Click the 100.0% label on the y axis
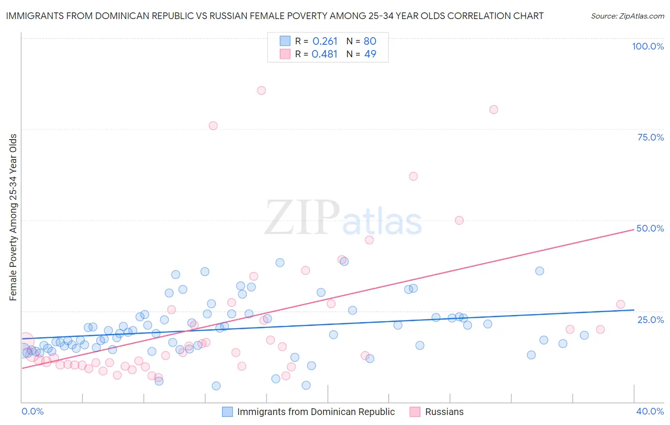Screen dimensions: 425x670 point(648,46)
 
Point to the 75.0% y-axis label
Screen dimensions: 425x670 point(650,137)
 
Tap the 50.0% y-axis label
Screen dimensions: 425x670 point(650,228)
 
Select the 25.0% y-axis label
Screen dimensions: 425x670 point(650,319)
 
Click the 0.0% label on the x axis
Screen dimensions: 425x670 point(32,411)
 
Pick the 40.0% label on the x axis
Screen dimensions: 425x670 point(650,411)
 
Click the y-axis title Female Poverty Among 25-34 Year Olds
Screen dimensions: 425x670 point(13,217)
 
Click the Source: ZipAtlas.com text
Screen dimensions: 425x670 point(627,16)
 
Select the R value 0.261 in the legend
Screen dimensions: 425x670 point(325,41)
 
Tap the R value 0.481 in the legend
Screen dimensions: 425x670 point(325,54)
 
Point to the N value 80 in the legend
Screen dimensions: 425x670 point(370,41)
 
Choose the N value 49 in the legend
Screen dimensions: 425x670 point(370,54)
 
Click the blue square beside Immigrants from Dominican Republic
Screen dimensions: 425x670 point(227,412)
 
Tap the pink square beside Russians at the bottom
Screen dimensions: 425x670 point(415,412)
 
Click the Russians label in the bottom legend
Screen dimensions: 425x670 point(444,412)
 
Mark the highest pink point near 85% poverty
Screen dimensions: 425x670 point(261,91)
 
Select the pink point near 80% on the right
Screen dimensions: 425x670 point(494,110)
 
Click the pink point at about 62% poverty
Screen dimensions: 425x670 point(413,176)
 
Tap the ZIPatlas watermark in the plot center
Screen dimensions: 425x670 point(343,218)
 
